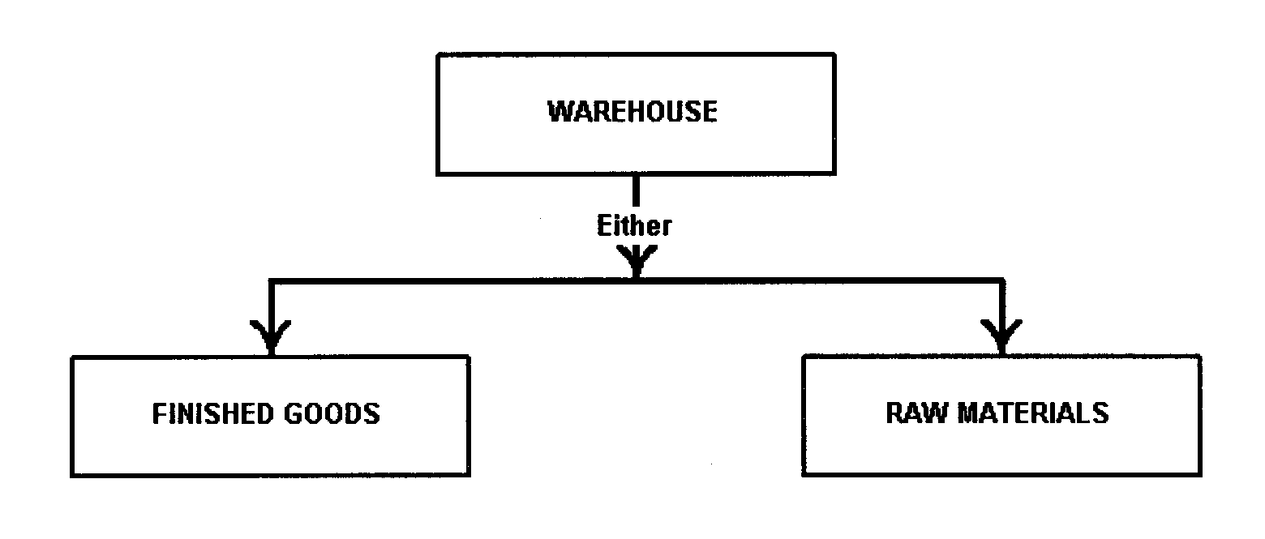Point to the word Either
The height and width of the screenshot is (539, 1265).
pyautogui.click(x=634, y=226)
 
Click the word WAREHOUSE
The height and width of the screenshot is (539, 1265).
pyautogui.click(x=632, y=112)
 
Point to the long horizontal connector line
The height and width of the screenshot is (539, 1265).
pyautogui.click(x=454, y=281)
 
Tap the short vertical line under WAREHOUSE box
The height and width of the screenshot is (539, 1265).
pyautogui.click(x=636, y=190)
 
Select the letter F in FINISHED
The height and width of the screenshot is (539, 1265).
pyautogui.click(x=157, y=414)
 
